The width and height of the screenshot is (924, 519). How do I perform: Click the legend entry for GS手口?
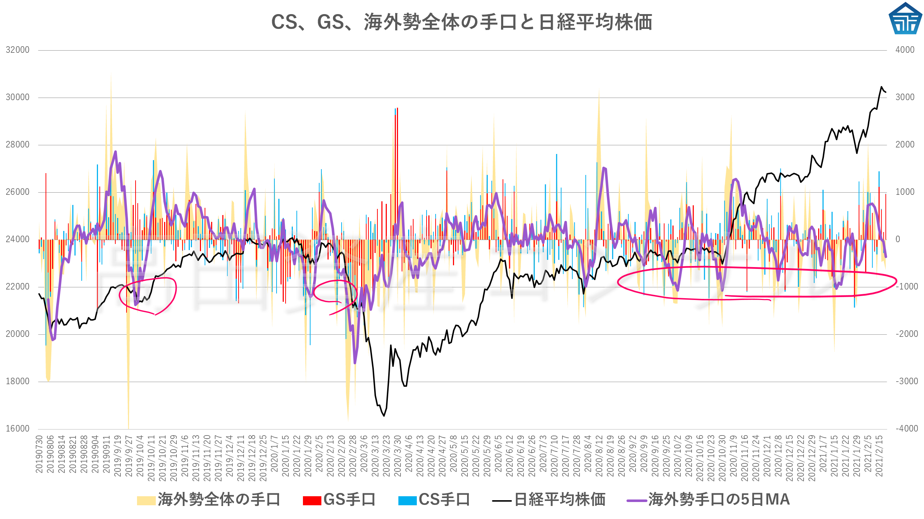click(339, 500)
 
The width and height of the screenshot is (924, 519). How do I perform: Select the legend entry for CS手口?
click(434, 500)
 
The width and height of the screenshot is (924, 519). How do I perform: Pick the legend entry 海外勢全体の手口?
click(209, 500)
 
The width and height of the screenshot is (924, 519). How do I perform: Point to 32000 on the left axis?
click(17, 50)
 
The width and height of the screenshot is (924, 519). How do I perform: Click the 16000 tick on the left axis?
click(17, 429)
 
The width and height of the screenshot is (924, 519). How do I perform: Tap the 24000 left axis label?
click(17, 239)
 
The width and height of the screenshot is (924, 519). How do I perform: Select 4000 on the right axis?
click(905, 50)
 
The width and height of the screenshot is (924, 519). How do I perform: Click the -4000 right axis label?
click(907, 429)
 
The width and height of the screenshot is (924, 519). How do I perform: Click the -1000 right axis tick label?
click(907, 287)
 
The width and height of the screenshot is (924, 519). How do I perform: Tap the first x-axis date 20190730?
click(39, 454)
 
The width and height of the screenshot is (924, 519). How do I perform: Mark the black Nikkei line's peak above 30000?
click(881, 87)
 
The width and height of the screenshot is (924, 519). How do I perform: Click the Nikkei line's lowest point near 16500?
click(384, 416)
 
